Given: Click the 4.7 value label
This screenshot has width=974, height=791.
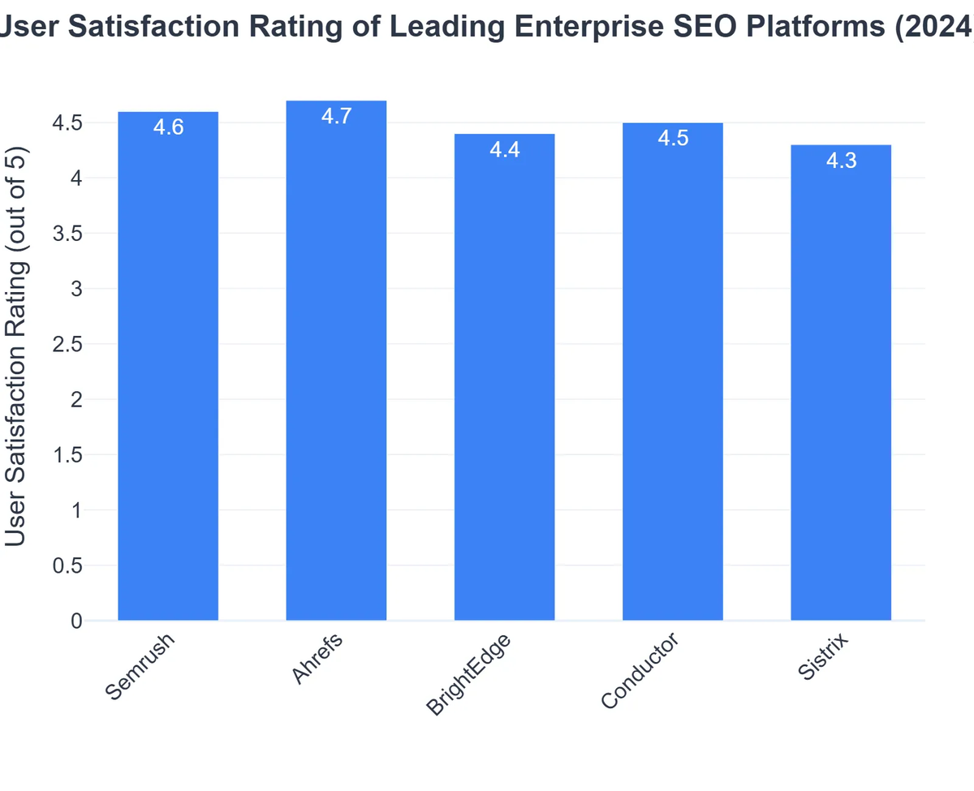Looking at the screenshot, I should (336, 116).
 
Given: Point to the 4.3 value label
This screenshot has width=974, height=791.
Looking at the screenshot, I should (841, 161).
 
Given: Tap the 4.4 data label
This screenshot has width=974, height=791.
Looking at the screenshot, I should (504, 150).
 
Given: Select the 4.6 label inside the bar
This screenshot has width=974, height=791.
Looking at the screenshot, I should (168, 127).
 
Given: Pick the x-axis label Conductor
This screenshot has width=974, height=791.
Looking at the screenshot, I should (640, 673).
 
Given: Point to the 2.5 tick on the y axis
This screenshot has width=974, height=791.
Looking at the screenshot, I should (67, 344).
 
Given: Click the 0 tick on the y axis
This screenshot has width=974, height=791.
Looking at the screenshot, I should (76, 621).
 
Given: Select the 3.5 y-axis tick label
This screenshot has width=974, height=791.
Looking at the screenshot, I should (67, 234).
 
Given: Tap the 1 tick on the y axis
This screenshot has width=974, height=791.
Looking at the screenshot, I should (76, 510).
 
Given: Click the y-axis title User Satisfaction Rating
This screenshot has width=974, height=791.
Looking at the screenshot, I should (16, 345).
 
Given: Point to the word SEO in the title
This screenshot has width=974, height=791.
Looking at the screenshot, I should (720, 28).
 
